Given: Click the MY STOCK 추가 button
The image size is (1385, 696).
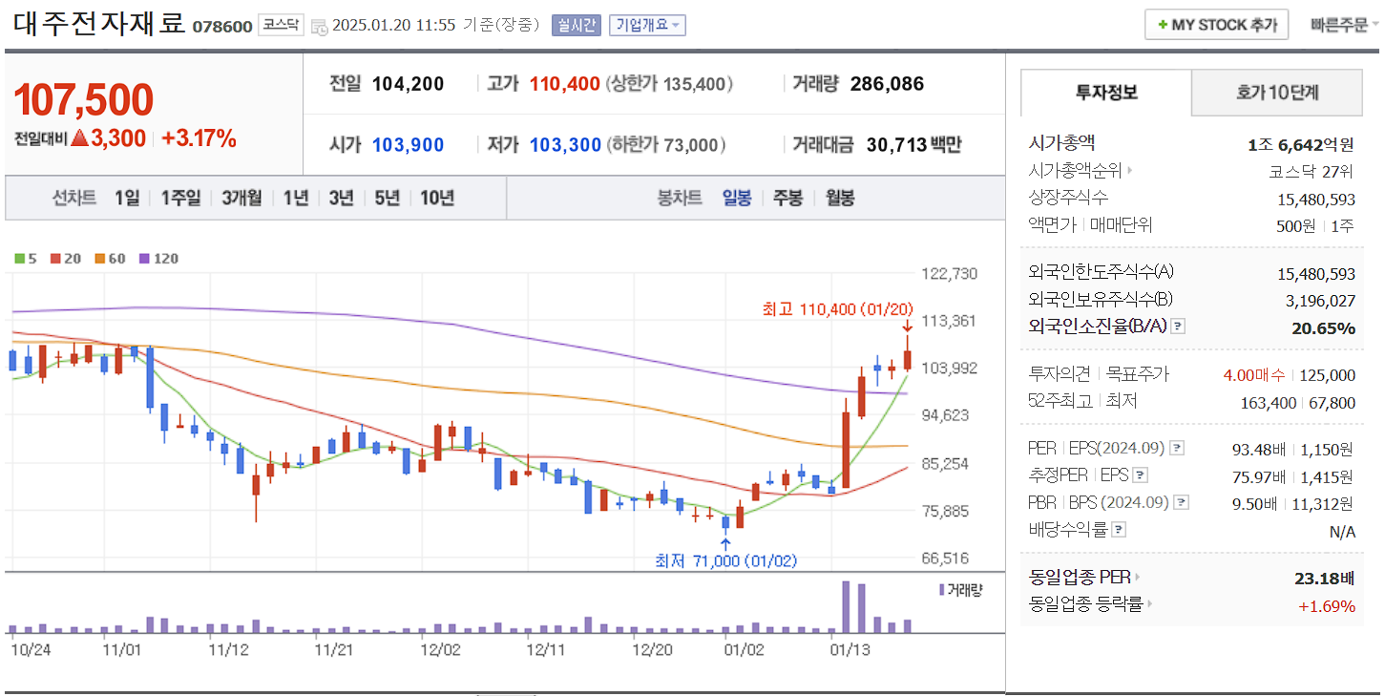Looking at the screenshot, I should pos(1216,25).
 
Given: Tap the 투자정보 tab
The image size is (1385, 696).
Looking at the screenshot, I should pos(1106,93).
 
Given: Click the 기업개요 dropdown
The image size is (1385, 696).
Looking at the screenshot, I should pos(647,25).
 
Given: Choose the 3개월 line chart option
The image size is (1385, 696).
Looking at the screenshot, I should pos(241,199).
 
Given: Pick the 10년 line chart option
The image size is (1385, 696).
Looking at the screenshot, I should pos(437,199).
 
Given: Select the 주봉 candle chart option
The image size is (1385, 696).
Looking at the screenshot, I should pos(787,199).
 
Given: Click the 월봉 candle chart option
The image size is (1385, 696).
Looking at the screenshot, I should pos(840,199).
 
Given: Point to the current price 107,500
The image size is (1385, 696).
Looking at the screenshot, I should pos(84,100).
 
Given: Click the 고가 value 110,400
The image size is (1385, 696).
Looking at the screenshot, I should pos(565,84).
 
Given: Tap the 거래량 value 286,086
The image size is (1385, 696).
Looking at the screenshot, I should pos(887,84).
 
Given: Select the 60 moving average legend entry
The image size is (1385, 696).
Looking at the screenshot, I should pos(111,259).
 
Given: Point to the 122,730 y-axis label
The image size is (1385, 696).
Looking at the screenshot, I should pos(949,274).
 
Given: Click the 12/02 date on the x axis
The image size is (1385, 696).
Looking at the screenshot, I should pos(440,650).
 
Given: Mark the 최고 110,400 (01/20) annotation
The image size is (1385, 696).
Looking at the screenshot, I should pos(837,309).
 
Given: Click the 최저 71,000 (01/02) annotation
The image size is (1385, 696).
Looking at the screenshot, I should pos(725,560).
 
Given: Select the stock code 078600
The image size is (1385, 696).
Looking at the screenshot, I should pos(222,26).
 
